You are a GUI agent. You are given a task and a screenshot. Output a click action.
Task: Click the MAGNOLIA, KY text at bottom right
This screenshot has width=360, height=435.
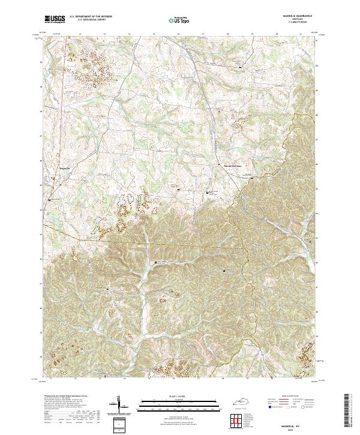(298, 422)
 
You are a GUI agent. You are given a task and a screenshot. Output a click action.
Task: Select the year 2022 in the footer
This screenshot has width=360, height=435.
(298, 427)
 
